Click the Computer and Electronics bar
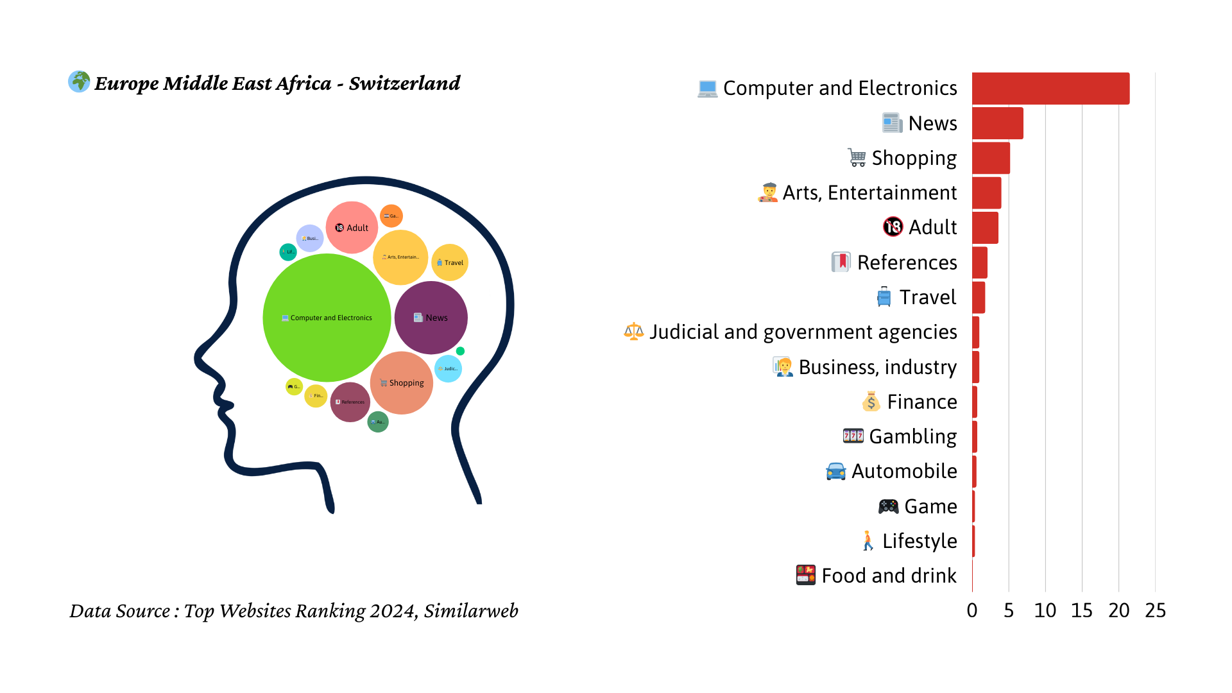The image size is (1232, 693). (x=1050, y=89)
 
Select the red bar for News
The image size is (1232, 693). (x=997, y=123)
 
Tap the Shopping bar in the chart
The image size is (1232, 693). (x=991, y=158)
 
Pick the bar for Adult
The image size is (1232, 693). (x=985, y=227)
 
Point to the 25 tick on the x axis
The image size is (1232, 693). (x=1155, y=610)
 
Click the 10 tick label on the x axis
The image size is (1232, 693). (x=1045, y=610)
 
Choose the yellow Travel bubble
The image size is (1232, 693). (x=450, y=262)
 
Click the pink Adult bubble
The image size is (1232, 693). (x=352, y=227)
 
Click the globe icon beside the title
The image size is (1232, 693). (x=79, y=81)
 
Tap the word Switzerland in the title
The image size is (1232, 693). (x=404, y=83)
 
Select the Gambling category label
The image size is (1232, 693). (x=912, y=436)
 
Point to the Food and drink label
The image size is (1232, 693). (x=889, y=576)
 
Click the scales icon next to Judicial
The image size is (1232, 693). (x=634, y=331)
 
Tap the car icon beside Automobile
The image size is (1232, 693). (x=835, y=471)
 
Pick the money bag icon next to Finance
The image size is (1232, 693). (x=871, y=402)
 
